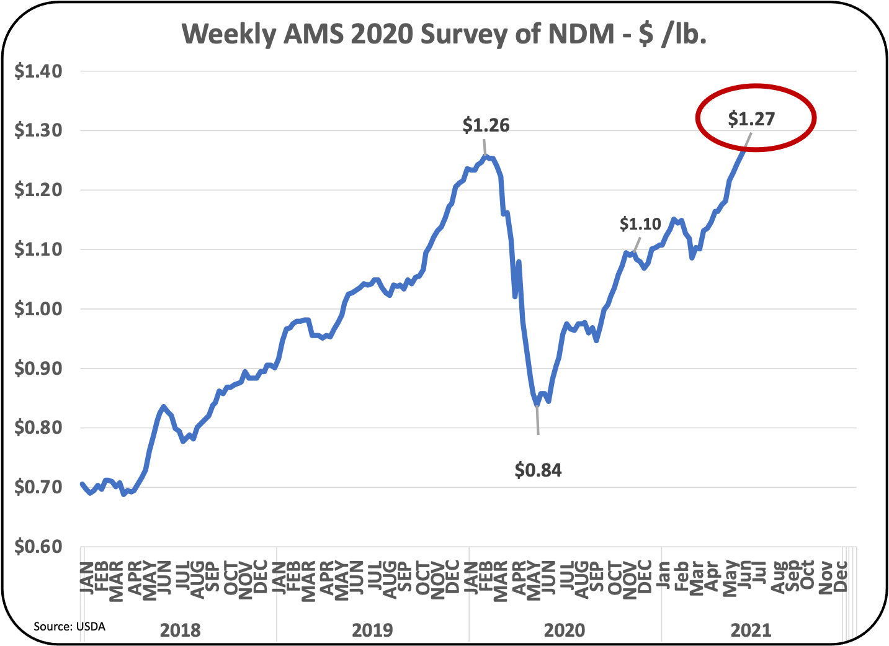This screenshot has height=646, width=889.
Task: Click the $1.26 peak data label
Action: pos(486,125)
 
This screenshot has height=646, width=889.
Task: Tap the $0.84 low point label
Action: pos(538,470)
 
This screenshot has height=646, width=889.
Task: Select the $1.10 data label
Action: pos(640,224)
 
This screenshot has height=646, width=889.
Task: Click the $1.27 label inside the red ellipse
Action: pos(751,119)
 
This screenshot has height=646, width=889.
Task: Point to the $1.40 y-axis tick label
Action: pos(38,71)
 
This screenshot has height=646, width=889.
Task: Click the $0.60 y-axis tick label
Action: pos(38,547)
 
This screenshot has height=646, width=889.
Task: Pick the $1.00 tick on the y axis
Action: pos(38,309)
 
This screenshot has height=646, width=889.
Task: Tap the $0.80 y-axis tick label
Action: pos(38,428)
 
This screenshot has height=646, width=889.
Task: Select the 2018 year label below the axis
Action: pos(180,630)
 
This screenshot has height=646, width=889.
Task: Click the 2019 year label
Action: pos(372,630)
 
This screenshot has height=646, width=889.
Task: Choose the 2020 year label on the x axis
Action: pos(564,630)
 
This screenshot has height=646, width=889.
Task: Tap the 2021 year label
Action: pos(751,630)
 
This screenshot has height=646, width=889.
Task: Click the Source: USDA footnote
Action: pos(69,627)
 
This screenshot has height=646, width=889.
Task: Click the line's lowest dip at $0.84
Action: pos(537,405)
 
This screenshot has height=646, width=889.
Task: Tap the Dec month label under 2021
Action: pos(841,576)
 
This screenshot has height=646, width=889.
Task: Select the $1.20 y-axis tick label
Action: pos(38,190)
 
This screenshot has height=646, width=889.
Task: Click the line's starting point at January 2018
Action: pos(82,483)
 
